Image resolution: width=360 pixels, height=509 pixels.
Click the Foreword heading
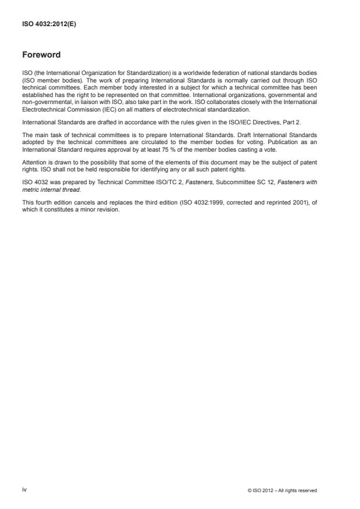point(41,56)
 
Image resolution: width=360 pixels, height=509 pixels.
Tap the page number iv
point(24,490)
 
